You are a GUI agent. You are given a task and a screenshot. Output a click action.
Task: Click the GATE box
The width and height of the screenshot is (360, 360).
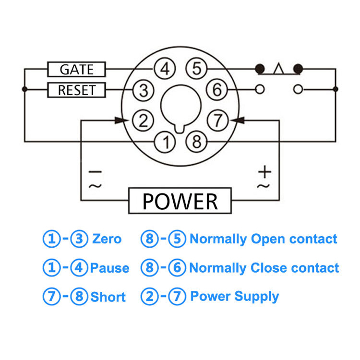tap(76, 69)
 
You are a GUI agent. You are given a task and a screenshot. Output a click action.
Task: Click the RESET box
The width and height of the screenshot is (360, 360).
tap(76, 90)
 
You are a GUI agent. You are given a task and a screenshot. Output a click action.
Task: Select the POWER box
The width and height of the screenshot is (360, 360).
tap(180, 201)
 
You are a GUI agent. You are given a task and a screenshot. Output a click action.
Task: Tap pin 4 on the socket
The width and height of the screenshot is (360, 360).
tap(165, 69)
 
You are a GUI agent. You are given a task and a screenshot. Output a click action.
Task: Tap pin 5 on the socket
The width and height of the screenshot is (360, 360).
tap(196, 69)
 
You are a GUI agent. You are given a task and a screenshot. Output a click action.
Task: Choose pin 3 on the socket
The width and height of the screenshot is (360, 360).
tap(143, 90)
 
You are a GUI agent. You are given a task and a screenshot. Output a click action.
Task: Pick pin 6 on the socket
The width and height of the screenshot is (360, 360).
tap(217, 90)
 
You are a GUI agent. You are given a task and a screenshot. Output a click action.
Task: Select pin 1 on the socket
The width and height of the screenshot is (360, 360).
tap(165, 142)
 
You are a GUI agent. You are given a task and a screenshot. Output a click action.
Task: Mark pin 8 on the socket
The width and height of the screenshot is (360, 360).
tap(195, 142)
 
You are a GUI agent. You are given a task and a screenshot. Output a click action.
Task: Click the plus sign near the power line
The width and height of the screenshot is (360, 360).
tap(264, 171)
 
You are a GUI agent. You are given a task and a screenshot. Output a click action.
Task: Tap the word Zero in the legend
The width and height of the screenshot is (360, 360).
tap(107, 239)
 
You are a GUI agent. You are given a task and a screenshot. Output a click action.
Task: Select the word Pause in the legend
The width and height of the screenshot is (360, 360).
tap(109, 268)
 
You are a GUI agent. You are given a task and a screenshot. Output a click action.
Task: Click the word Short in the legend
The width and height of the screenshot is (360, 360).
tap(108, 297)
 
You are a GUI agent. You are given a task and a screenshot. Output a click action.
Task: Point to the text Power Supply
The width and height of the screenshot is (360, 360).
tap(234, 296)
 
